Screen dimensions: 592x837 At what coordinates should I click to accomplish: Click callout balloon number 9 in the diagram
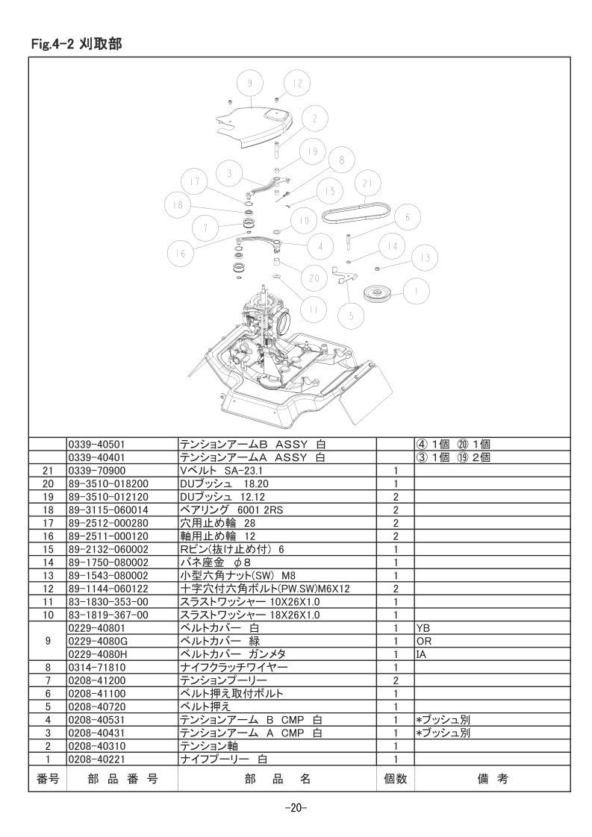[250, 84]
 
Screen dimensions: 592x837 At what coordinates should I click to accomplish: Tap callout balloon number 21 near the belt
[368, 184]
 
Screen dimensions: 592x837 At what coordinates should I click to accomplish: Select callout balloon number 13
[425, 258]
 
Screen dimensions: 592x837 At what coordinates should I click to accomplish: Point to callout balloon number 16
[181, 253]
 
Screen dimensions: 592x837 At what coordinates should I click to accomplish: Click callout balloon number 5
[351, 316]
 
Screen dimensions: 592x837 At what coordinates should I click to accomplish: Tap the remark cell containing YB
[423, 628]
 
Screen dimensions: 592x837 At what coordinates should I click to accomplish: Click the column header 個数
[396, 779]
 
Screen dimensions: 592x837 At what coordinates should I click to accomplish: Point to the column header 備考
[492, 779]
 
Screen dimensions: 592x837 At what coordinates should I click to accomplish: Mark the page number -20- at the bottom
[296, 808]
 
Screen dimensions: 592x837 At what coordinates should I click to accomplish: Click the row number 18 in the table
[48, 510]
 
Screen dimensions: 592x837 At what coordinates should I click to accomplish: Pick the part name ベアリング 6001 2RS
[231, 510]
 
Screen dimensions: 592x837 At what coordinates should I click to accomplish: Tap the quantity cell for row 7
[396, 680]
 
